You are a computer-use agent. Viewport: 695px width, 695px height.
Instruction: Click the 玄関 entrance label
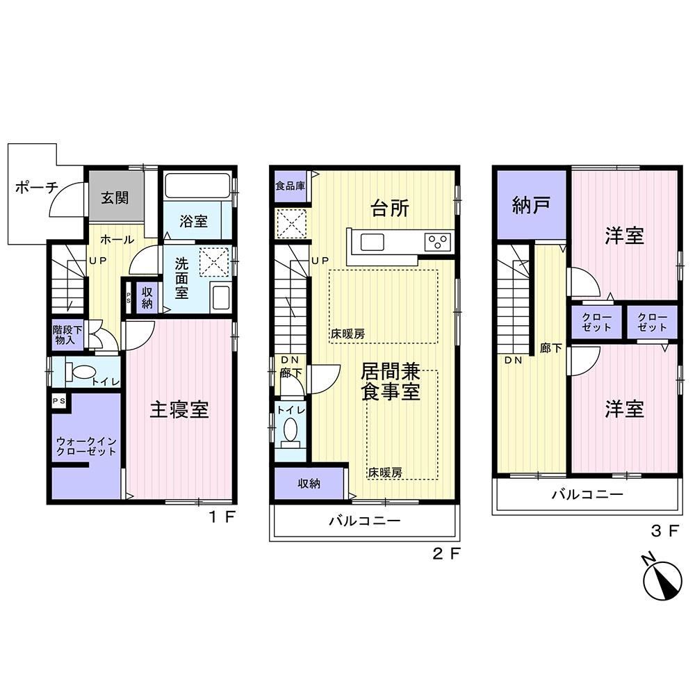115,197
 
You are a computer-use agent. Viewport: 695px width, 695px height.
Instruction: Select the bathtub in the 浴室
197,186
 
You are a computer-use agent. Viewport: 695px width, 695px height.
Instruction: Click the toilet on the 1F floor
80,371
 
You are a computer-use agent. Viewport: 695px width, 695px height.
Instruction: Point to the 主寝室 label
179,409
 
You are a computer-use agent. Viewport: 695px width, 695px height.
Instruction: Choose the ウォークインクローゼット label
86,446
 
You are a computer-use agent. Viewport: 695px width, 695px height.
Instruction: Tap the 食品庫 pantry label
291,186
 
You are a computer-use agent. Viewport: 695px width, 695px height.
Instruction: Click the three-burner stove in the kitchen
437,242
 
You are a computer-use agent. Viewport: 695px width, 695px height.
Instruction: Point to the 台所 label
390,208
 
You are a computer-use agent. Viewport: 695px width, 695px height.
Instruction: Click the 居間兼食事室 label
391,382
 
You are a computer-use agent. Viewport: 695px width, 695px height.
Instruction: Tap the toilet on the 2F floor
291,432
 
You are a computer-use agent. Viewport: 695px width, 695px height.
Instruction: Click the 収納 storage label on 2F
309,484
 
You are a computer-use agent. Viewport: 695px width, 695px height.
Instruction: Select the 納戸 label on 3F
531,205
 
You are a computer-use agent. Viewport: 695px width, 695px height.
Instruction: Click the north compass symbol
662,580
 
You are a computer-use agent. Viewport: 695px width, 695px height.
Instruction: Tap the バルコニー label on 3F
587,494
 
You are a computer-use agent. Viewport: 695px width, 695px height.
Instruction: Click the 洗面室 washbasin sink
220,297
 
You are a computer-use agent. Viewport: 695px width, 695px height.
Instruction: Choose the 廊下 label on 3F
551,348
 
